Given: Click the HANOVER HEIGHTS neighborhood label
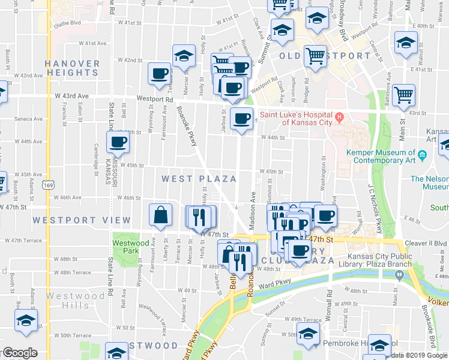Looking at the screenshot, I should (71, 68).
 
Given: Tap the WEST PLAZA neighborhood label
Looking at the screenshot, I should (198, 179).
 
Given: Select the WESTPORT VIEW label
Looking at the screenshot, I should (81, 220).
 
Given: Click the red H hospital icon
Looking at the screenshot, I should (340, 116).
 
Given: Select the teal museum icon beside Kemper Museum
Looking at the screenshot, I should (423, 155).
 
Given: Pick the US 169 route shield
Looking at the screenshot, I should (47, 185).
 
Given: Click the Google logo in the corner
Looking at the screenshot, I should (20, 353).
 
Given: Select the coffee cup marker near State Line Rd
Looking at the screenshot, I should (118, 142).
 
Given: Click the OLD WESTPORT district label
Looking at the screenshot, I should (325, 56).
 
